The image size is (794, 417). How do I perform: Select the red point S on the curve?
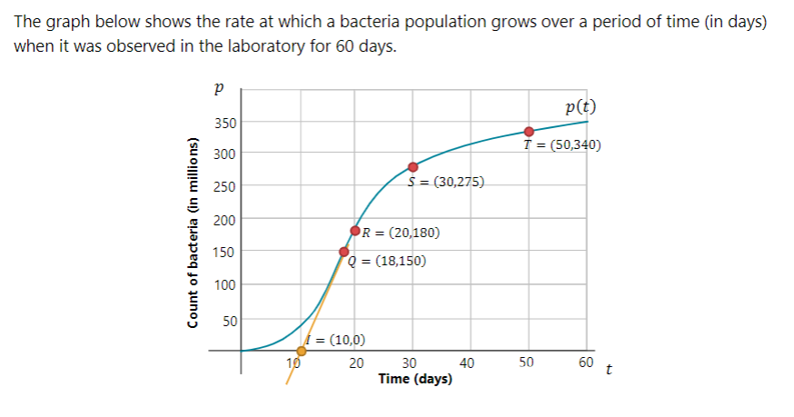pos(413,166)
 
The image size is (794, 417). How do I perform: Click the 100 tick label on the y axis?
pos(223,285)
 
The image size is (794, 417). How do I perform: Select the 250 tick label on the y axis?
pos(223,187)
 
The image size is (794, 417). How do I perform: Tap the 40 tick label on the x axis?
pos(468,363)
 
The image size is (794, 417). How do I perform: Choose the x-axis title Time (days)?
pos(416,379)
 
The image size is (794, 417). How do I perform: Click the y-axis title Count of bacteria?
pos(194,232)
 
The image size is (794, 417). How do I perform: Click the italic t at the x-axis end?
pos(609,370)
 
